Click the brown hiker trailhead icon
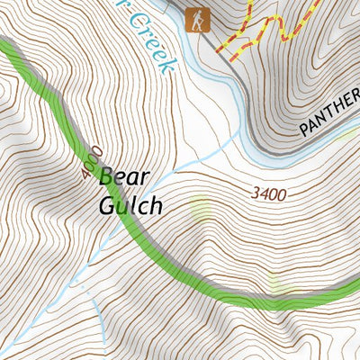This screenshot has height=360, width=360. [x=196, y=19]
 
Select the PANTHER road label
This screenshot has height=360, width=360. [x=328, y=118]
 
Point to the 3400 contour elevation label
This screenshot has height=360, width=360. [x=269, y=193]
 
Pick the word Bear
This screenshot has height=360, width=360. [x=124, y=177]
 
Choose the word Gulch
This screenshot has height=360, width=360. [x=130, y=205]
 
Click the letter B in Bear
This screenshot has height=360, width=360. [x=106, y=177]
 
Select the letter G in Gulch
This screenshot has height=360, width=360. [x=106, y=205]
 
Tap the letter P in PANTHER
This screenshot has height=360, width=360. [x=305, y=130]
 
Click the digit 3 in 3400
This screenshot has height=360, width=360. [x=256, y=193]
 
